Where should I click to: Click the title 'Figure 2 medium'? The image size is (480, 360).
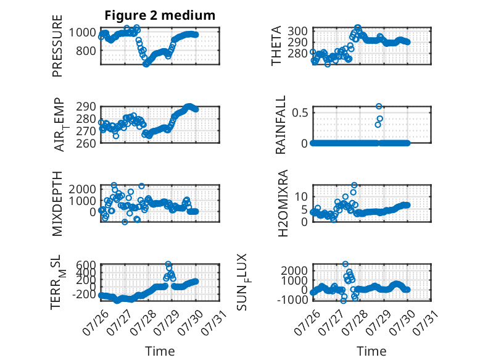point(160,15)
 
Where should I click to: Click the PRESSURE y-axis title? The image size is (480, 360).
point(57,46)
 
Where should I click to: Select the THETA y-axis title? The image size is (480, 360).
point(276,46)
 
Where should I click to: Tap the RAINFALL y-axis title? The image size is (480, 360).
point(280,125)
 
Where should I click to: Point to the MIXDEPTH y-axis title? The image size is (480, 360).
point(57,204)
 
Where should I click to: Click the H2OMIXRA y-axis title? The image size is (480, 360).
point(283,203)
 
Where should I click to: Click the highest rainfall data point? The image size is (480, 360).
point(379,106)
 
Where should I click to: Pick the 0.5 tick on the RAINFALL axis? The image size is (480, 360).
point(300,113)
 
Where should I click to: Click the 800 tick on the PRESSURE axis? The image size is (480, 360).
point(86,51)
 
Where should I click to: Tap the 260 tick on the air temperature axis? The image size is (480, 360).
point(86,143)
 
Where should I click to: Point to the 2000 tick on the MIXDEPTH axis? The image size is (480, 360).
point(83,189)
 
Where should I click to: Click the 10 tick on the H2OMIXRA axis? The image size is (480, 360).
point(301,197)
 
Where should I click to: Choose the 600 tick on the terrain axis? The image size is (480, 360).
point(86,264)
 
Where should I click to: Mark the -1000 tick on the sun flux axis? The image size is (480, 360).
point(292,299)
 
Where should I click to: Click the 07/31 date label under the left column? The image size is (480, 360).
point(213,322)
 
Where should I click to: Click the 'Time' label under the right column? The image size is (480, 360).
point(371,351)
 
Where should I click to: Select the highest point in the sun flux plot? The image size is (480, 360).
point(346,264)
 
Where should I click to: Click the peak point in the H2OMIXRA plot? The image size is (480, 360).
point(354,185)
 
